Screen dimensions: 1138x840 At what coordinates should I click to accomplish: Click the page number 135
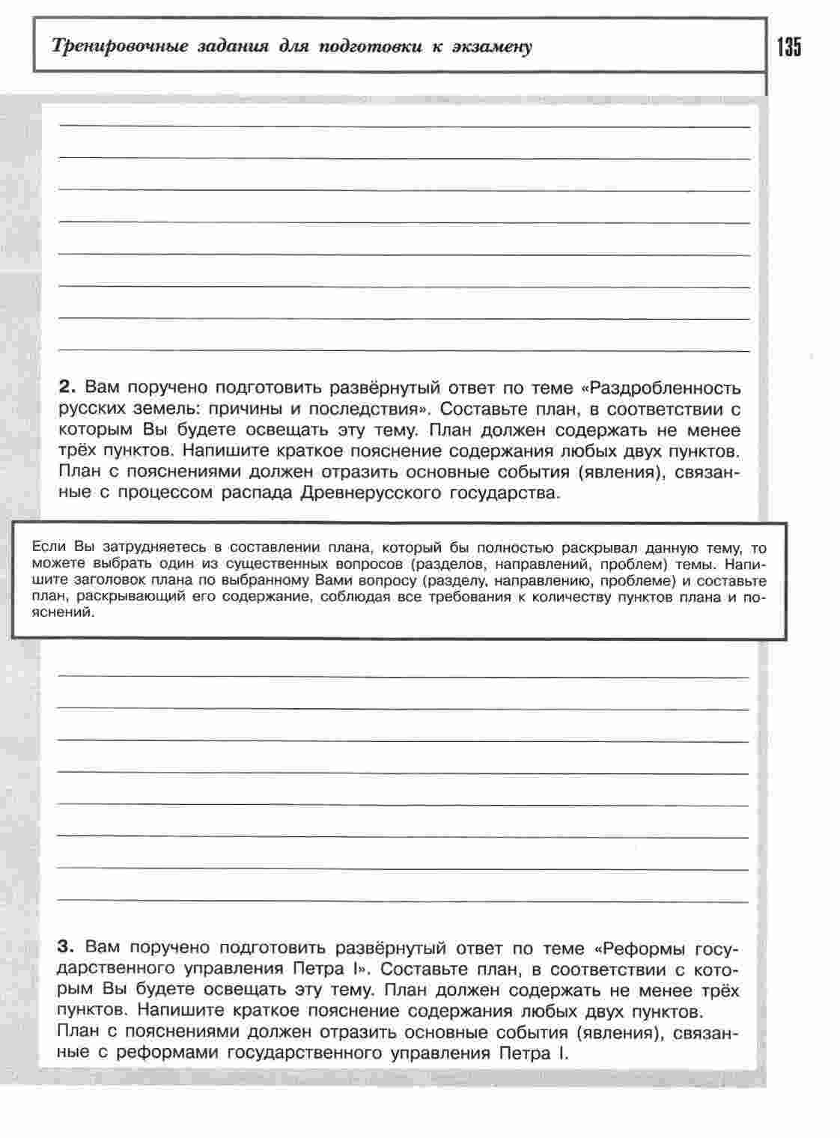click(x=789, y=47)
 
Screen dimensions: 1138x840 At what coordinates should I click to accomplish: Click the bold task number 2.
click(x=67, y=388)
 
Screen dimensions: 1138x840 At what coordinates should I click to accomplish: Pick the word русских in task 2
click(x=89, y=409)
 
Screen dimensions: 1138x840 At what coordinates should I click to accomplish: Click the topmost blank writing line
click(x=404, y=127)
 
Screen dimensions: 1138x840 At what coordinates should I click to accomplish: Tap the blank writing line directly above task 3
click(x=404, y=901)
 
